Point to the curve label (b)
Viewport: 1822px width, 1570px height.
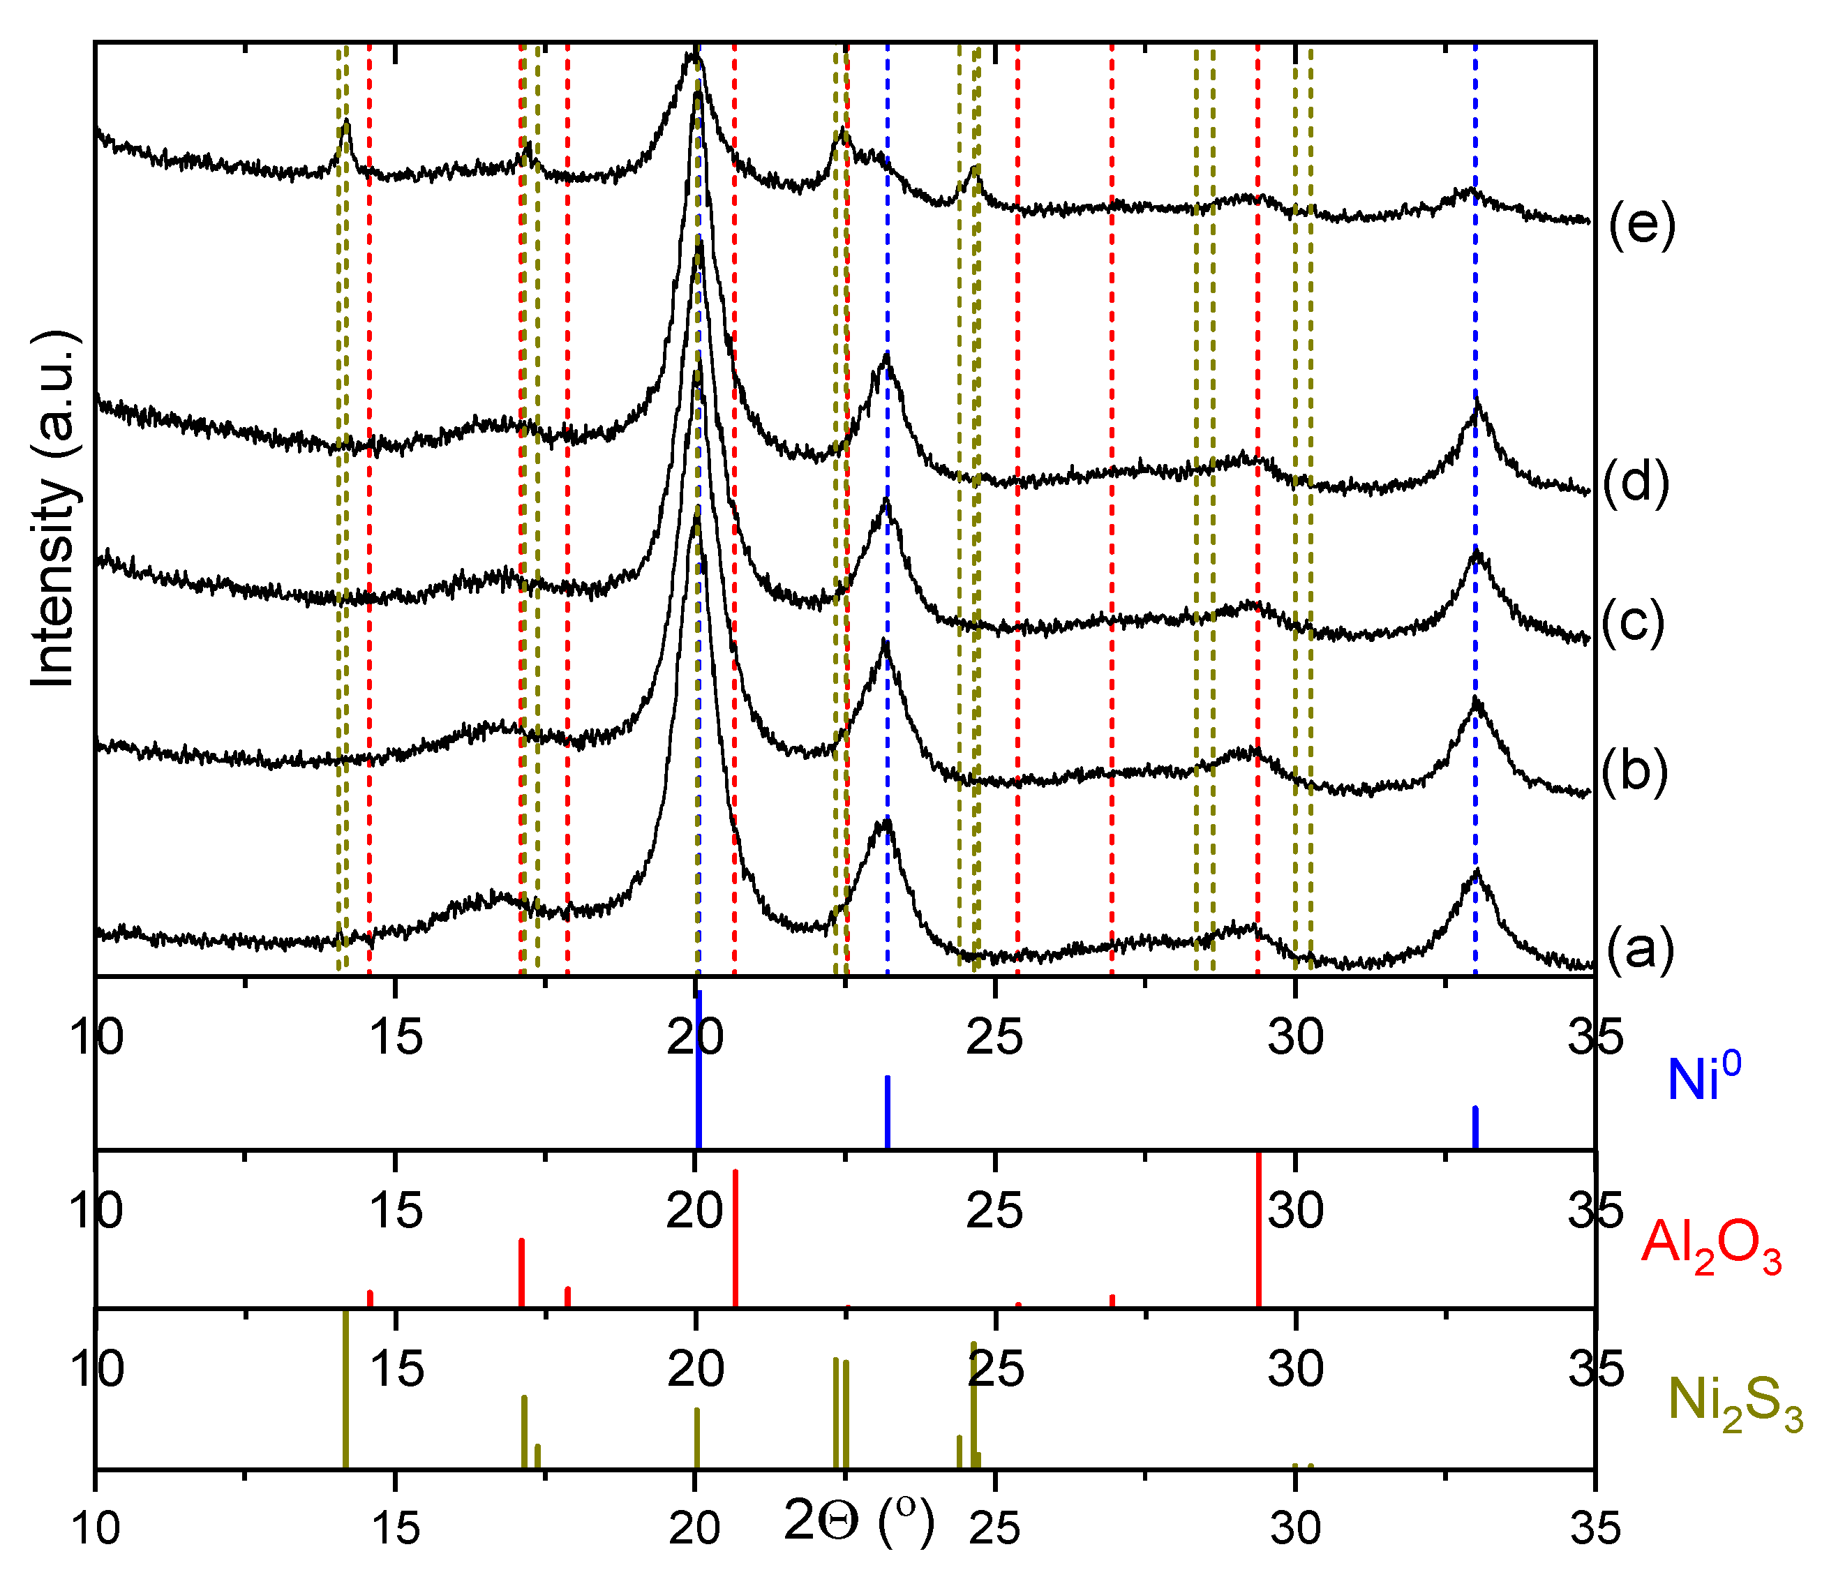click(x=1635, y=771)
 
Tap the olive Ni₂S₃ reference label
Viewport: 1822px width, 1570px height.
click(x=1735, y=1402)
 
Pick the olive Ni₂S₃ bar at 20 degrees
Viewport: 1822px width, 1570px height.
click(x=696, y=1438)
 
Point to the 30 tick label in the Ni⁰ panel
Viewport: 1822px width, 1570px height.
click(x=1294, y=1038)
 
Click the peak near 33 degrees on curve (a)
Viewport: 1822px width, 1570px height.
click(x=1477, y=873)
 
